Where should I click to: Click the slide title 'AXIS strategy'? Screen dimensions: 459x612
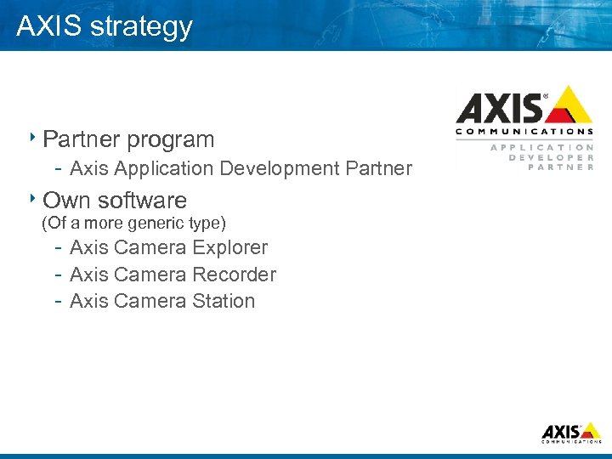(x=105, y=26)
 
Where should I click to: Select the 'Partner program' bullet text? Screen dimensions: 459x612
(x=128, y=139)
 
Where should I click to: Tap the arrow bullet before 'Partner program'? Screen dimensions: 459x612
(x=32, y=137)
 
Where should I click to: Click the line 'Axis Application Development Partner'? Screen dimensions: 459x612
(x=241, y=168)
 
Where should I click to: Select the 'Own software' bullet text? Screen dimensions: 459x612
(x=115, y=201)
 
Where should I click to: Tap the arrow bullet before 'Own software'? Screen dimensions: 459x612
(x=32, y=199)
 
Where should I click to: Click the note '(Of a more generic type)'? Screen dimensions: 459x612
(x=134, y=224)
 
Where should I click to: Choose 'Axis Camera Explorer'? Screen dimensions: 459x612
(x=168, y=248)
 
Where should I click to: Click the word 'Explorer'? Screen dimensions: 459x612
(x=229, y=248)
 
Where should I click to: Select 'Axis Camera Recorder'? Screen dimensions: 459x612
(x=173, y=275)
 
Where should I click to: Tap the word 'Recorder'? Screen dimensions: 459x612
(x=234, y=275)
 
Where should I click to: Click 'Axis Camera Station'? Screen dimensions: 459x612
(x=162, y=301)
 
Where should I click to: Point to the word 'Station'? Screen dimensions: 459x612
(x=224, y=301)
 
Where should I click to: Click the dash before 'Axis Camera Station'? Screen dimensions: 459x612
(x=56, y=301)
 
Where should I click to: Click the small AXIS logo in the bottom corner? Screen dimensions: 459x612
(x=572, y=432)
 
